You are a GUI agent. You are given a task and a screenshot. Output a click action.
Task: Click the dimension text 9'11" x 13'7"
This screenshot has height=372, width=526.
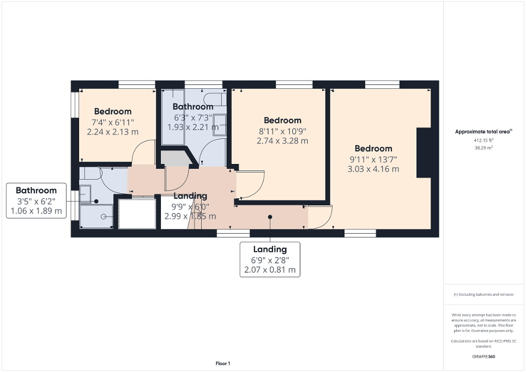point(373,159)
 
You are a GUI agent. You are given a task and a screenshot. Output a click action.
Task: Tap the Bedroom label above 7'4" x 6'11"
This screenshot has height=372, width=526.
point(113,112)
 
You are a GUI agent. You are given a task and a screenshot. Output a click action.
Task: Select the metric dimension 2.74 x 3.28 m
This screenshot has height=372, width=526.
point(282,141)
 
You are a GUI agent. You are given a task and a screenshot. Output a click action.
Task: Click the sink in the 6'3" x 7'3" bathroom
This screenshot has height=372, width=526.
point(219,124)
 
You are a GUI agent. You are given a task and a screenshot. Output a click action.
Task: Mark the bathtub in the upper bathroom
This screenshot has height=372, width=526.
point(172,117)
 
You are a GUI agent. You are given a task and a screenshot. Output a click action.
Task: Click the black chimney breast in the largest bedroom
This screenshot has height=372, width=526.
point(424,153)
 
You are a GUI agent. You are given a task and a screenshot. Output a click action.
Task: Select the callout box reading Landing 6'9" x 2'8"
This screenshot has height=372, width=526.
point(270,259)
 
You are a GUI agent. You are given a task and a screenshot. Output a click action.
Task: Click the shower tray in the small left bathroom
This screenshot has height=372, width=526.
point(96,216)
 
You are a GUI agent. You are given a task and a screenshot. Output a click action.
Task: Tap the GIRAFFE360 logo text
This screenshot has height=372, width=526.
point(484,357)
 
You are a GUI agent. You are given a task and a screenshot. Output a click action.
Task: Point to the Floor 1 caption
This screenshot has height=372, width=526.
point(223,363)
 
